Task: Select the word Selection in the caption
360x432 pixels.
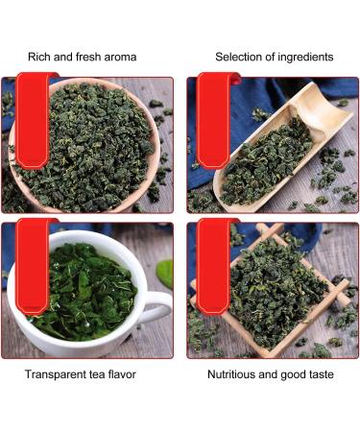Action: coord(240,58)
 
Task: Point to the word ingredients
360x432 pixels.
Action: coord(305,58)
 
